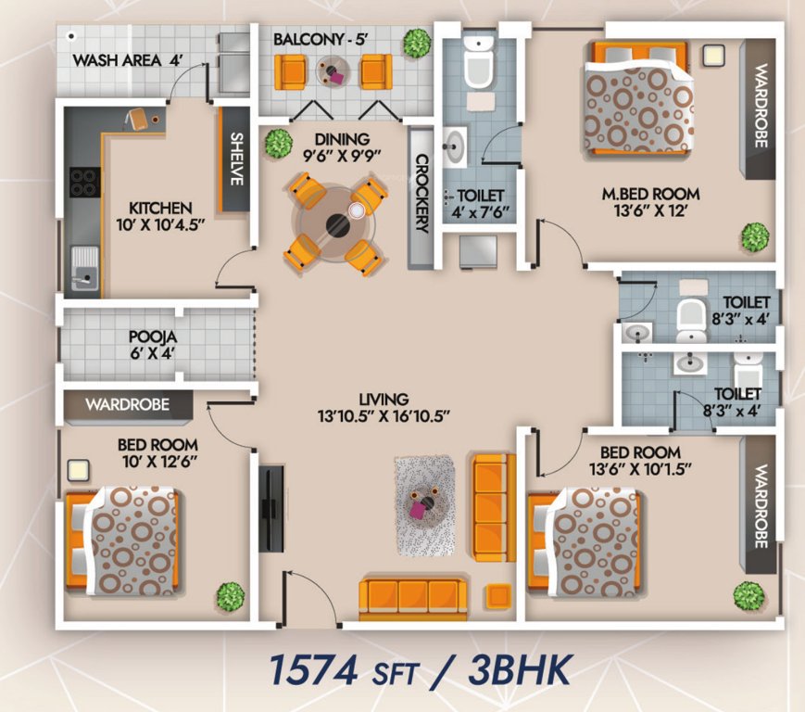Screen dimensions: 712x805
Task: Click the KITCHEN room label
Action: (160, 208)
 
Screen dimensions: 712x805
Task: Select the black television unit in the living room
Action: (271, 508)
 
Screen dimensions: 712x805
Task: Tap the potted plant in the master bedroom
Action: (754, 235)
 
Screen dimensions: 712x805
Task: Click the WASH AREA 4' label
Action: (127, 61)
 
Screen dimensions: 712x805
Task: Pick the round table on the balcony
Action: (332, 70)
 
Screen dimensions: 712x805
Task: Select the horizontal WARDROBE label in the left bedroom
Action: (128, 404)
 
